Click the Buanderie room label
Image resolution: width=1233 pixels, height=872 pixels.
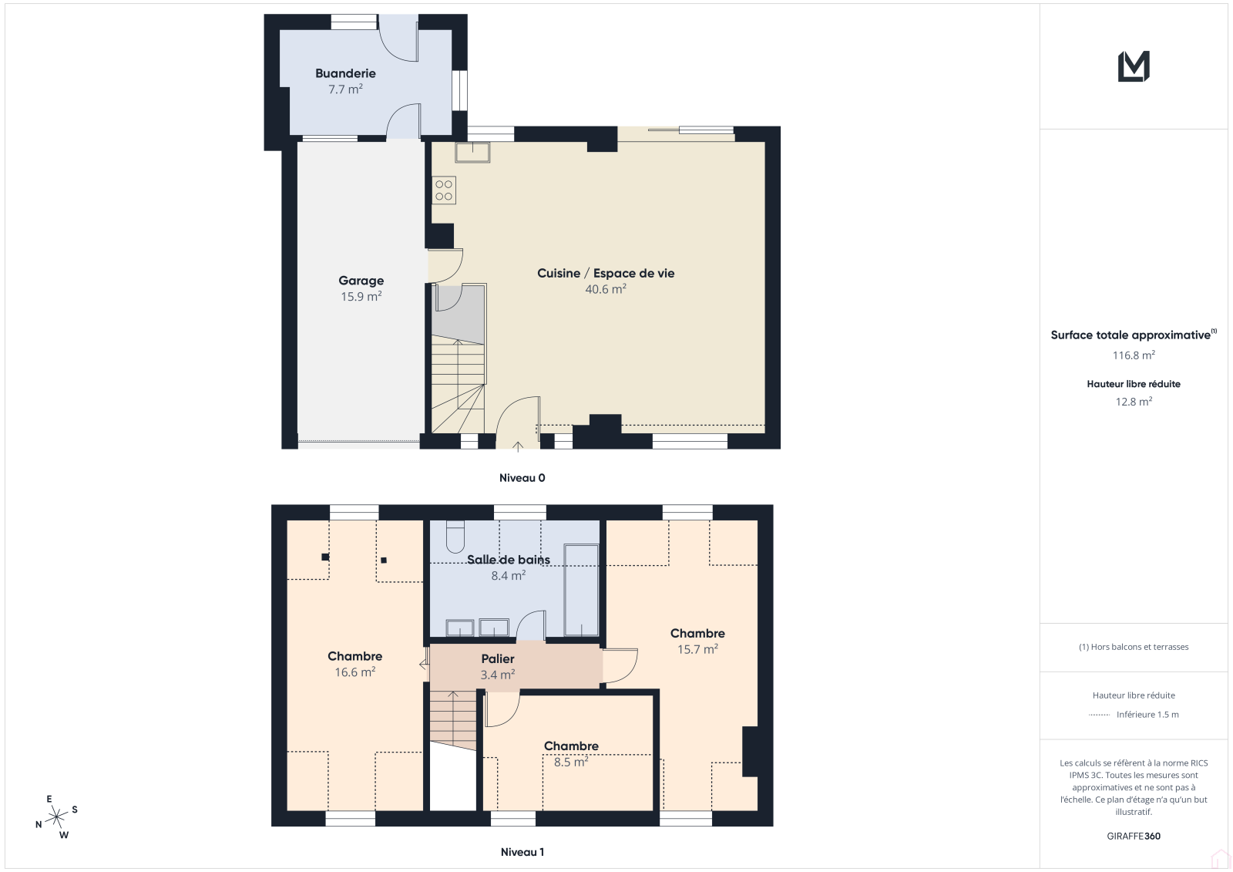[345, 73]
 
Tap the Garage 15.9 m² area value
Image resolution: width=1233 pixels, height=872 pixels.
[361, 296]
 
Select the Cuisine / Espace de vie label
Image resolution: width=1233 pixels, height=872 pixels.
[606, 273]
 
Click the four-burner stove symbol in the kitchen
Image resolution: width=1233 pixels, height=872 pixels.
[444, 190]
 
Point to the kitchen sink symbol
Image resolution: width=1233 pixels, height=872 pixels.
[472, 153]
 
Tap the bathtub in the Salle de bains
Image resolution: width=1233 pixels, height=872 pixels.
[581, 591]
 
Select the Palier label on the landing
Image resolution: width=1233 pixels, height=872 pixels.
[498, 659]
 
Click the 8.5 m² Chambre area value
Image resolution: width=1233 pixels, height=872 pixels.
[571, 762]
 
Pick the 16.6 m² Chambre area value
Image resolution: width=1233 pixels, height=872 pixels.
[355, 672]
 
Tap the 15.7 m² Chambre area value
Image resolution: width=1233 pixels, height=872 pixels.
[697, 649]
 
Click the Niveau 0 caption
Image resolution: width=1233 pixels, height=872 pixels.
[522, 477]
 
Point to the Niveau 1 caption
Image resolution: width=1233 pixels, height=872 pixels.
[522, 852]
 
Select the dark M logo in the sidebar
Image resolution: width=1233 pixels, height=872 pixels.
[1134, 66]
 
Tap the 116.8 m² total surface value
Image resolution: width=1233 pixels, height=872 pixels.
[1134, 355]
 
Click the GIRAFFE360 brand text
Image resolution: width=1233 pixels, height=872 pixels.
[1134, 836]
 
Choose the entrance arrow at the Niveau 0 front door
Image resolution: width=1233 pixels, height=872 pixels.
[518, 446]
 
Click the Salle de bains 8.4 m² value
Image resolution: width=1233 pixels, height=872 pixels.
[508, 576]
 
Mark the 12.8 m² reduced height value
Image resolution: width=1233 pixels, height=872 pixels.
[1134, 402]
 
